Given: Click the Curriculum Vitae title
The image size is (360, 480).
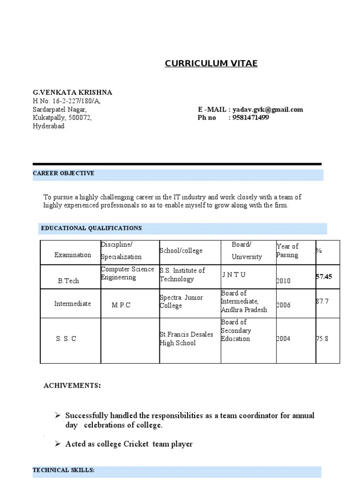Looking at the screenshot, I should coord(211,63).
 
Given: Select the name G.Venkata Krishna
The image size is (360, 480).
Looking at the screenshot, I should coord(72,92).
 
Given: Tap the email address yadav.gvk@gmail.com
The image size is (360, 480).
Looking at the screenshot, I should coord(266,110).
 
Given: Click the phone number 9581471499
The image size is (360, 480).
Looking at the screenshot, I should coord(249,118).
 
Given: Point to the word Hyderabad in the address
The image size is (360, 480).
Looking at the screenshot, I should coord(49,127).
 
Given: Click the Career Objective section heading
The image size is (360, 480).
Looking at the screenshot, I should coord(63,173).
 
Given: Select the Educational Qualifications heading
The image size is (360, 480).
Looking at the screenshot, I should coord(91,228).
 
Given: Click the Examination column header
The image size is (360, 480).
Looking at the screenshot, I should coord(73,255).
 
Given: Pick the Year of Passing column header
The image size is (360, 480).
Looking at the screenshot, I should coord(287,250).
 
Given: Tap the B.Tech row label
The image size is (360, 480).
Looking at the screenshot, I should coord(68,281).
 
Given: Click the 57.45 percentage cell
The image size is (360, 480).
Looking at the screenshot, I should coord(324,277).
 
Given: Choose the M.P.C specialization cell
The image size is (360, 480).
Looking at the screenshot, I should coord(121,305).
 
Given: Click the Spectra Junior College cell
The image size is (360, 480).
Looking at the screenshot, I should coord(180,301).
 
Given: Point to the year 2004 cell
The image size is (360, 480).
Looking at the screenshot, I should coord(283,339).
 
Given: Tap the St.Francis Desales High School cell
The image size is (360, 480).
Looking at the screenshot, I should coord(186,338).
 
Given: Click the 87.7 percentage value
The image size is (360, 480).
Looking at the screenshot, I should coord(322,301).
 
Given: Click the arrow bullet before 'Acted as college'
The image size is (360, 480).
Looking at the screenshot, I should coord(58,444).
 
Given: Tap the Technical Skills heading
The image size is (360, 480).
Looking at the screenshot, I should coord(63,470).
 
